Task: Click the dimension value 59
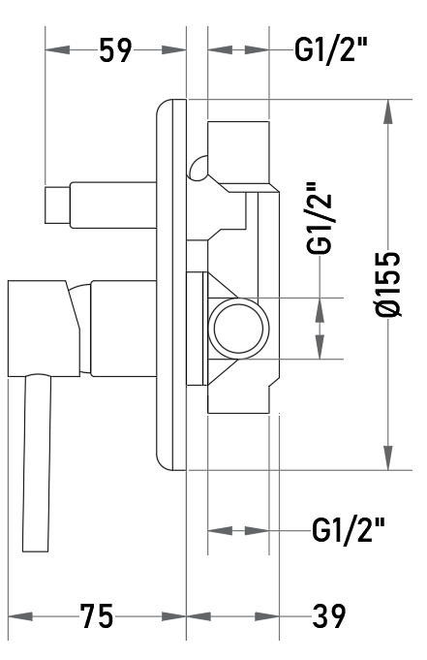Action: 115,50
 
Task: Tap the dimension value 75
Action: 97,616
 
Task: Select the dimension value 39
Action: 328,616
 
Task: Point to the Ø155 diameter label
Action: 388,285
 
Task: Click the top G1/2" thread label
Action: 331,49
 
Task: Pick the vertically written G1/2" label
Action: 320,218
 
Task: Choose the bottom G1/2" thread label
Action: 349,529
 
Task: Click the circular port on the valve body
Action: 238,329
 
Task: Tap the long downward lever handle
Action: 37,463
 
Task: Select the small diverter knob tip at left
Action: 57,204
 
